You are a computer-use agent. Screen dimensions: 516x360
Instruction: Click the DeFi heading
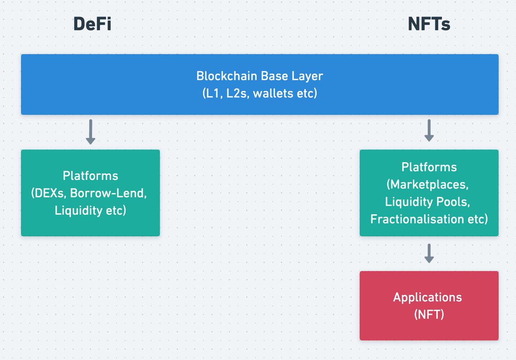click(x=92, y=24)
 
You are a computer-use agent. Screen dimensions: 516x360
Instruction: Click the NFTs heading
click(x=429, y=24)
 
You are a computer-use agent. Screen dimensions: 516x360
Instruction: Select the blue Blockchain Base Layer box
click(x=260, y=84)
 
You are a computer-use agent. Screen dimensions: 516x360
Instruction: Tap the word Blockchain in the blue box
click(x=227, y=76)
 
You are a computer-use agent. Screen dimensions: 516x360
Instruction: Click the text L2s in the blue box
click(x=236, y=93)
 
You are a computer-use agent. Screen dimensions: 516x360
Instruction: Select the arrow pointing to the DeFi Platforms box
click(x=91, y=132)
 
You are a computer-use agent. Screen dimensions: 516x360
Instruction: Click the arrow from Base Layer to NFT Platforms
click(x=429, y=130)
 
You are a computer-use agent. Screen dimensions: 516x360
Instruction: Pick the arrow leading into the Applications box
click(x=429, y=254)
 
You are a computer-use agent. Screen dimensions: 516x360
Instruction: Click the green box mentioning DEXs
click(x=91, y=193)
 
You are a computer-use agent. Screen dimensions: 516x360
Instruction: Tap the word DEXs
click(x=50, y=193)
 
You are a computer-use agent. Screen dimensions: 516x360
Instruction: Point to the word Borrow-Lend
click(x=108, y=193)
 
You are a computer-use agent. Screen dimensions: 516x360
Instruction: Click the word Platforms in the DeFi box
click(x=91, y=176)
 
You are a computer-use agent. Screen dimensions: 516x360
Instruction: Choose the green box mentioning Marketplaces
click(x=429, y=193)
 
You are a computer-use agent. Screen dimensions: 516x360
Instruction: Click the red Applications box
click(x=429, y=306)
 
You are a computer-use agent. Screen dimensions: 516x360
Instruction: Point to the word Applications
click(x=427, y=298)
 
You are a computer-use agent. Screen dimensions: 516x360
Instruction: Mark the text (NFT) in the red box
click(x=429, y=315)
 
